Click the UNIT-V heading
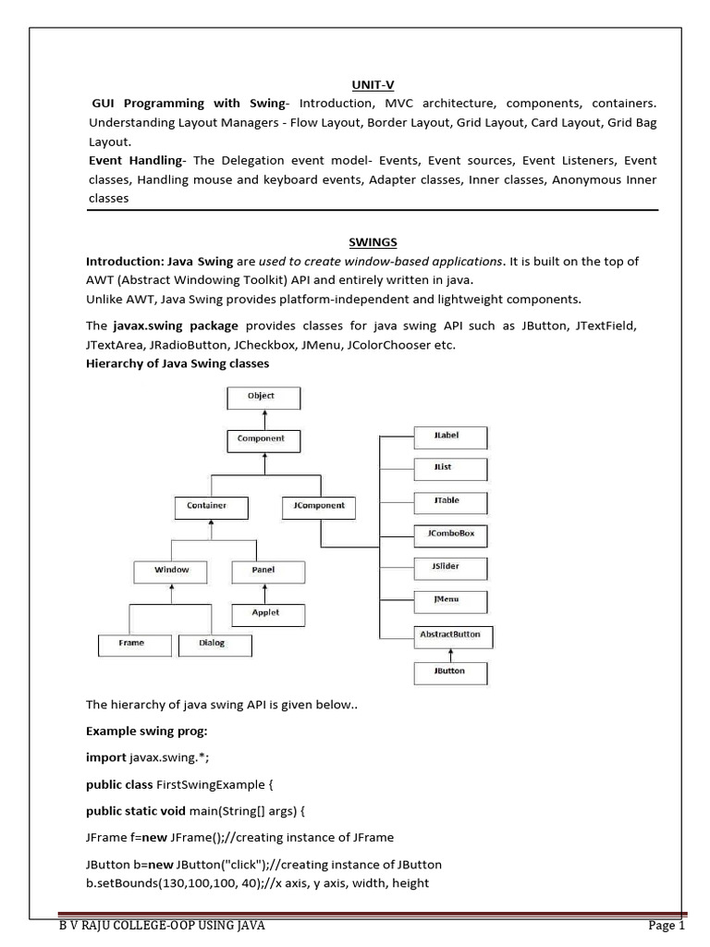tap(373, 82)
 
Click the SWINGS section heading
tap(373, 242)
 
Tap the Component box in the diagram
tap(261, 440)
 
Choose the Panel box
tap(264, 572)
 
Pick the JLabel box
tap(449, 436)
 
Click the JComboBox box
tap(449, 535)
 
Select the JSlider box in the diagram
tap(449, 568)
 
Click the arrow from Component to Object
tap(261, 419)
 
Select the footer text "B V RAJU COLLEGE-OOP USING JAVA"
tap(162, 926)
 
